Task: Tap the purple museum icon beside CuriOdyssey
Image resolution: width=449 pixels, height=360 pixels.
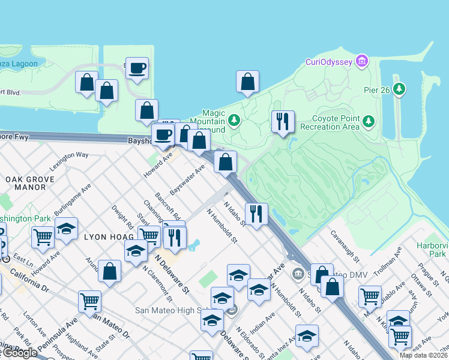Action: [361, 61]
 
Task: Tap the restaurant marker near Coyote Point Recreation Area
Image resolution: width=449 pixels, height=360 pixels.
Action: [282, 122]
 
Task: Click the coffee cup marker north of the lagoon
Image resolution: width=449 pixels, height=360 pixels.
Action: [137, 68]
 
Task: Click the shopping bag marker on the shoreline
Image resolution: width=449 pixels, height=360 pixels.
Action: [247, 82]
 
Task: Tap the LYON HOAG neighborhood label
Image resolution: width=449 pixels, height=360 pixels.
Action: [108, 237]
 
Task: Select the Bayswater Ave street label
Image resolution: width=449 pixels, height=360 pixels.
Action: [187, 179]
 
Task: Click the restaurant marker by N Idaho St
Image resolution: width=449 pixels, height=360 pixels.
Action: [256, 214]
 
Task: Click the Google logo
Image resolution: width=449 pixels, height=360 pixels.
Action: [19, 353]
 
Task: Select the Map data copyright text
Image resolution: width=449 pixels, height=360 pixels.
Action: [423, 355]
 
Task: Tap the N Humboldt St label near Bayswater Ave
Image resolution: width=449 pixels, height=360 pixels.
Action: [222, 226]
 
